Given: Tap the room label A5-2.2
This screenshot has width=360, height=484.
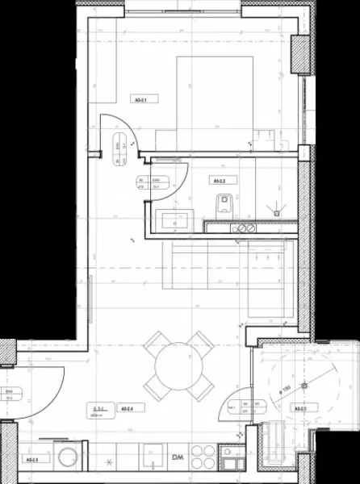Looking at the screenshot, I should click(217, 181).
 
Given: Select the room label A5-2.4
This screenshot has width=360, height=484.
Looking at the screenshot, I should click(127, 408).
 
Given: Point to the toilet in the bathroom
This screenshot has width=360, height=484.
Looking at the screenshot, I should click(224, 202).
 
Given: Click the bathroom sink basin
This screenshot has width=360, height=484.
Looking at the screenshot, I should click(174, 218).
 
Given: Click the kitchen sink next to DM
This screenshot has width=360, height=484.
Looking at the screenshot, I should click(150, 458).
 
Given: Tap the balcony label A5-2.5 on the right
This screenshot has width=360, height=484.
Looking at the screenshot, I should click(300, 409).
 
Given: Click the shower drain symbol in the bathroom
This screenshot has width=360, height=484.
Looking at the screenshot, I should click(277, 212).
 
